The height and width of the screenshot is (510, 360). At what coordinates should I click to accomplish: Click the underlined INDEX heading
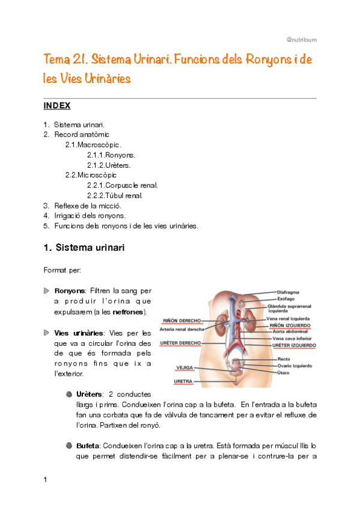point(57,106)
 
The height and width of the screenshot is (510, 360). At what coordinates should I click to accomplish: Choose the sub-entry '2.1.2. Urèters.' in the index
point(109,165)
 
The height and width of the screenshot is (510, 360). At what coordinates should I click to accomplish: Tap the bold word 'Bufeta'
point(88,446)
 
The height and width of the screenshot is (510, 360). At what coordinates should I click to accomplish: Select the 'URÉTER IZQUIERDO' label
point(294,346)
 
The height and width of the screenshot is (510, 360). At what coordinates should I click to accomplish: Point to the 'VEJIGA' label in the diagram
point(185,367)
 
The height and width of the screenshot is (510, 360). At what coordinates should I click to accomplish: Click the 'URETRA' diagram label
point(183,381)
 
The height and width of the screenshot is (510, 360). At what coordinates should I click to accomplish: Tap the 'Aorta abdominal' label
point(291,331)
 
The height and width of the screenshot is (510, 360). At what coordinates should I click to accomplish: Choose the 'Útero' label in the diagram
point(284,372)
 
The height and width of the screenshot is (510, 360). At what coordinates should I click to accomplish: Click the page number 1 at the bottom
point(46,479)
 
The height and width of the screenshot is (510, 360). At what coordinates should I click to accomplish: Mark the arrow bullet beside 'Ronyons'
point(47,291)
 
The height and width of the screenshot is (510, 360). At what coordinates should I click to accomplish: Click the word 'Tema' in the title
point(56,60)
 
